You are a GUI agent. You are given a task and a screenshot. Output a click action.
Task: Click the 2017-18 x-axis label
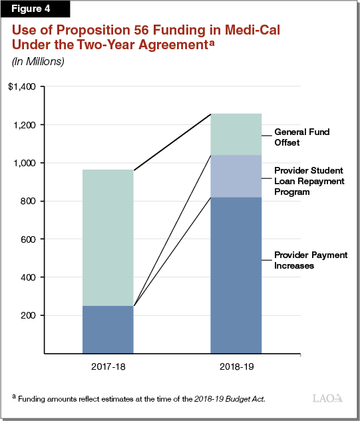tap(108, 366)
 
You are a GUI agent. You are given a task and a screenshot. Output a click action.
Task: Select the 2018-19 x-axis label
tap(236, 366)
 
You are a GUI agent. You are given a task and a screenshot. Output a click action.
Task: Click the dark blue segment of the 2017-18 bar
tap(108, 329)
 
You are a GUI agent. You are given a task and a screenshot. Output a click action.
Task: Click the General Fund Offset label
tap(301, 138)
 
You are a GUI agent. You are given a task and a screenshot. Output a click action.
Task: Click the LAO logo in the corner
tap(327, 398)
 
